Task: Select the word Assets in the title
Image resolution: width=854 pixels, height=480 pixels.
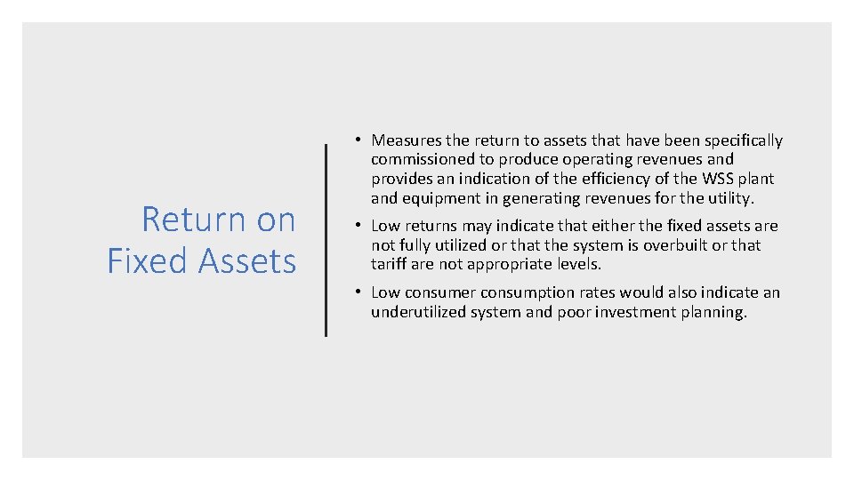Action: (247, 261)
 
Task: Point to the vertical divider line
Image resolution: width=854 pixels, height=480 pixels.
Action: (326, 240)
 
